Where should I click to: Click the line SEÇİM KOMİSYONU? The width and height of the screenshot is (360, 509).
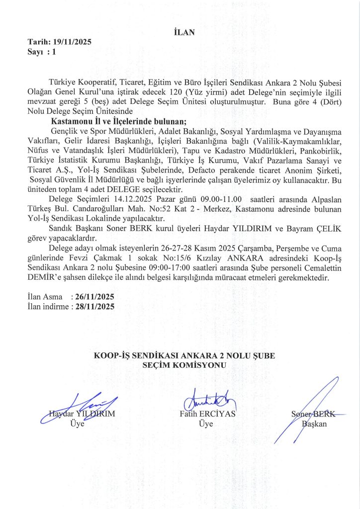184,365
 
